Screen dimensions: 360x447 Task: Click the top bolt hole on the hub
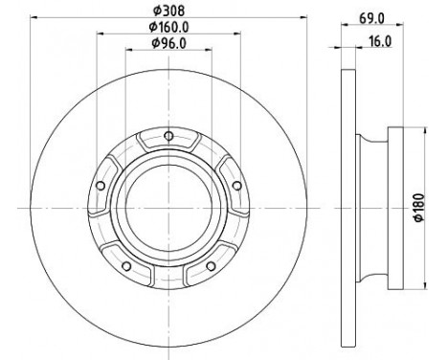(x=168, y=134)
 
